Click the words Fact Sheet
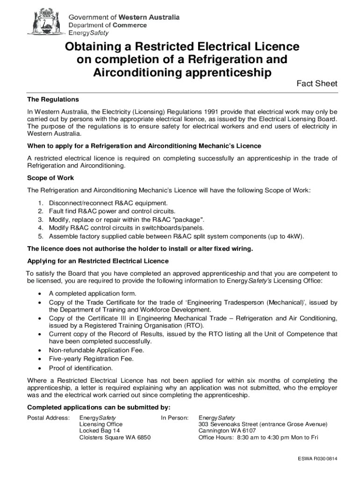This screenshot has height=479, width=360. tap(317, 84)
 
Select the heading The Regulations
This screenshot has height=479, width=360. tap(53, 100)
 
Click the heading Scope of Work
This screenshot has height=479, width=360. tap(50, 178)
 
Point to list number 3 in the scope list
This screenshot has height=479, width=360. tap(41, 219)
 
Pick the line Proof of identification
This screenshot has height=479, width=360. tap(81, 368)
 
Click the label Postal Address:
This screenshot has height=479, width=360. tap(49, 417)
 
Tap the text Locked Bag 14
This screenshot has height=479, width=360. tap(100, 430)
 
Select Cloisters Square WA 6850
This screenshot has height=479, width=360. tap(115, 437)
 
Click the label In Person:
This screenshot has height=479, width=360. tap(175, 417)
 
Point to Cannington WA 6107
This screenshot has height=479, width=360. tap(227, 430)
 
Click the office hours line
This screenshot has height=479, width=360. tap(258, 437)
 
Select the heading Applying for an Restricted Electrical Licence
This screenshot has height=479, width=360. tap(98, 261)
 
